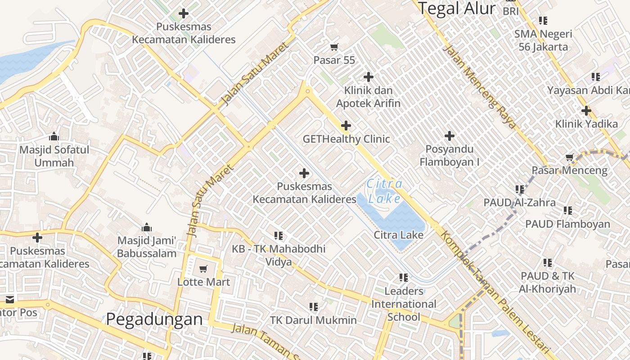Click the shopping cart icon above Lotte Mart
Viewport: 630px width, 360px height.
pos(203,269)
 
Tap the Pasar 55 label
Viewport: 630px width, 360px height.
pos(334,60)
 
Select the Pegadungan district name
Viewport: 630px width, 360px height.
pos(154,319)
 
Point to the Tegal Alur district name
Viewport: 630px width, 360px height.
pos(457,8)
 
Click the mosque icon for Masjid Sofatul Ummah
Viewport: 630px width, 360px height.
pos(54,136)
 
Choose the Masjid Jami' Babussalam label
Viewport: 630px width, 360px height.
pos(147,247)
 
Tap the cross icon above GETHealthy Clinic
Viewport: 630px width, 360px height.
pos(346,126)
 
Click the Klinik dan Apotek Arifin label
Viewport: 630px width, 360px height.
pos(368,97)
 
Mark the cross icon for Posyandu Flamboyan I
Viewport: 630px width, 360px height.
pos(449,135)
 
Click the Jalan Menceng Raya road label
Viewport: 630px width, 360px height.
pos(479,86)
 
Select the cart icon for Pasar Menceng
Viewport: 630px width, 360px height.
pos(570,157)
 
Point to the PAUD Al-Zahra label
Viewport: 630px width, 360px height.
pos(519,202)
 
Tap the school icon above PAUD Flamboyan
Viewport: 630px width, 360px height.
pos(568,210)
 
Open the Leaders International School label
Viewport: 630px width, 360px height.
pos(404,304)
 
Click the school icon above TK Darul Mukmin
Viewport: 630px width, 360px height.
pos(313,307)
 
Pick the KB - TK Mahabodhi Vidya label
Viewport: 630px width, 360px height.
pos(279,255)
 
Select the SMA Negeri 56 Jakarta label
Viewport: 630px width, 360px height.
pos(543,40)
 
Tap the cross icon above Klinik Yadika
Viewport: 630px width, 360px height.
pos(586,110)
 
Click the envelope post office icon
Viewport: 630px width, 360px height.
pos(10,299)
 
